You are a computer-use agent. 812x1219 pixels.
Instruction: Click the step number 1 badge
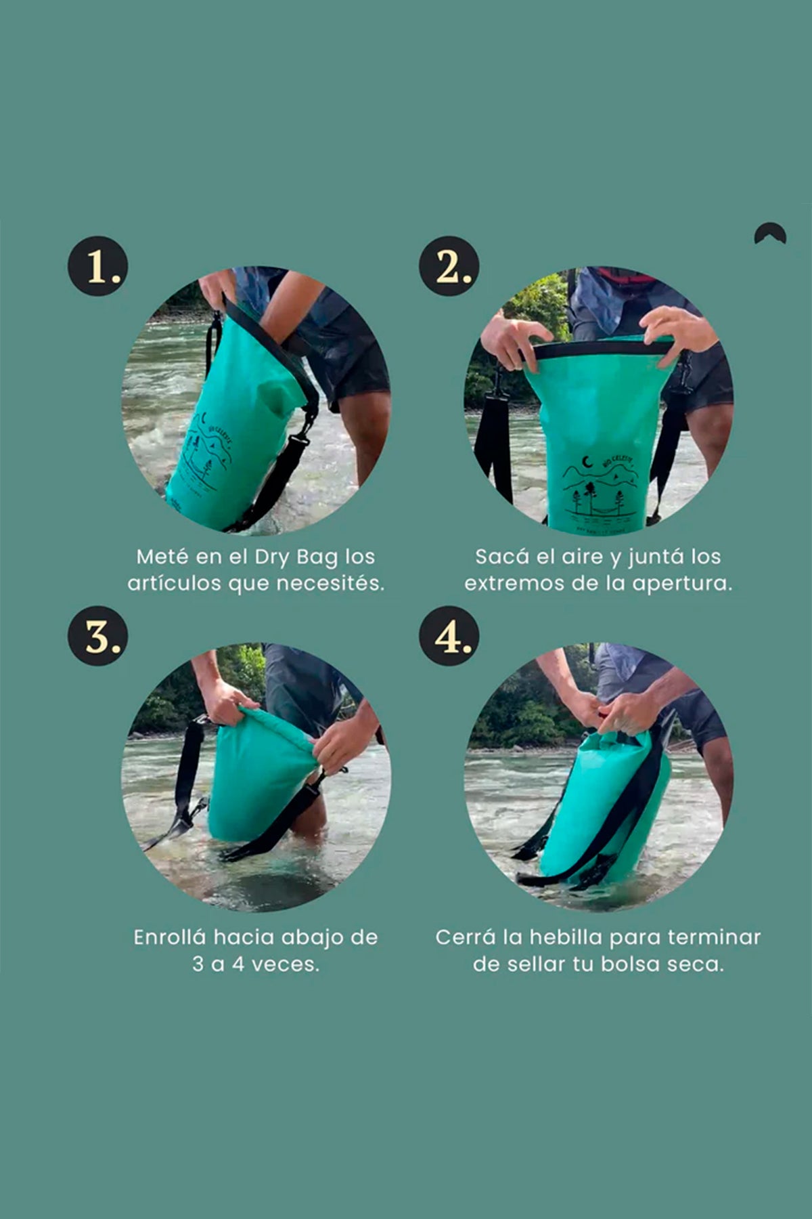tap(97, 266)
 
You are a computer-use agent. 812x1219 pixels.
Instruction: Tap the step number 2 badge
tap(449, 266)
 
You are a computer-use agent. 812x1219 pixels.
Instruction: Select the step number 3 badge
tap(97, 635)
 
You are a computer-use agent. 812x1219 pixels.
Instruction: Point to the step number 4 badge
tap(449, 635)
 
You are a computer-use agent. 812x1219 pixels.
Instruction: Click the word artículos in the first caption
tap(175, 583)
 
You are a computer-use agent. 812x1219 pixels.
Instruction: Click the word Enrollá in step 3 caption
tap(169, 937)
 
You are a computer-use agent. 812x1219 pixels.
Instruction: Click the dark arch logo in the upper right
tap(770, 234)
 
